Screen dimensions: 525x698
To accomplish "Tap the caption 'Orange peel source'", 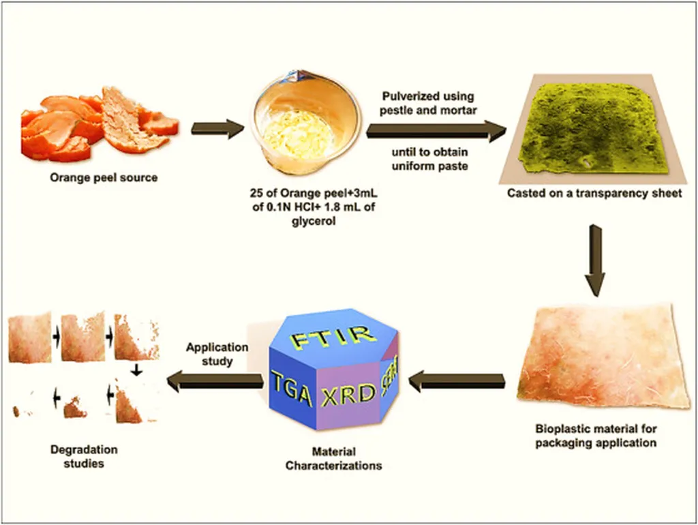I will (x=104, y=178).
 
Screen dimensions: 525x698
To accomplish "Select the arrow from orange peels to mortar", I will (x=217, y=127).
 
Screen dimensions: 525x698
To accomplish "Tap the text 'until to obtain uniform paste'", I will (x=427, y=158).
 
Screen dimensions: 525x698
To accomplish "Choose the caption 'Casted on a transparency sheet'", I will (x=594, y=193).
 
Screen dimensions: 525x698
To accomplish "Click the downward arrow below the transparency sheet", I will (x=594, y=258).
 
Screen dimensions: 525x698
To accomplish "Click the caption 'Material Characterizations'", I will (x=333, y=459).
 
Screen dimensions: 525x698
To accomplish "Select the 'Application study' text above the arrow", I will (x=215, y=353).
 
